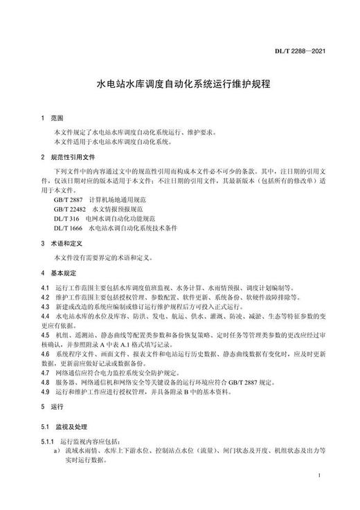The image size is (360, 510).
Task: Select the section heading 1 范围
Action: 53,119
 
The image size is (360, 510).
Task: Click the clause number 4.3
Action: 45,305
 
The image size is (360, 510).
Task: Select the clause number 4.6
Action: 45,352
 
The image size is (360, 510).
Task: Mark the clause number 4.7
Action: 45,371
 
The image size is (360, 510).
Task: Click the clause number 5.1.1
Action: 47,440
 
